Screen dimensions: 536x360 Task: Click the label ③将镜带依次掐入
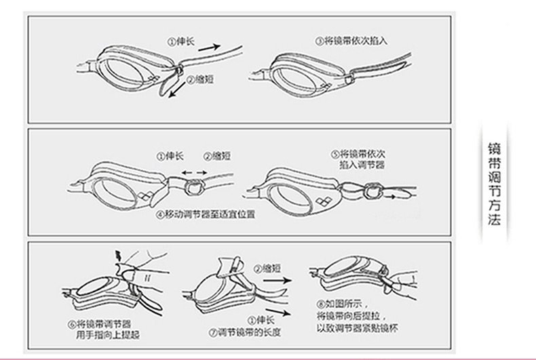351,40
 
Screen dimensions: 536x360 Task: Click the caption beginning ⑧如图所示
353,317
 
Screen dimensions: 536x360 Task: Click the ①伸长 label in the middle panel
171,155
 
